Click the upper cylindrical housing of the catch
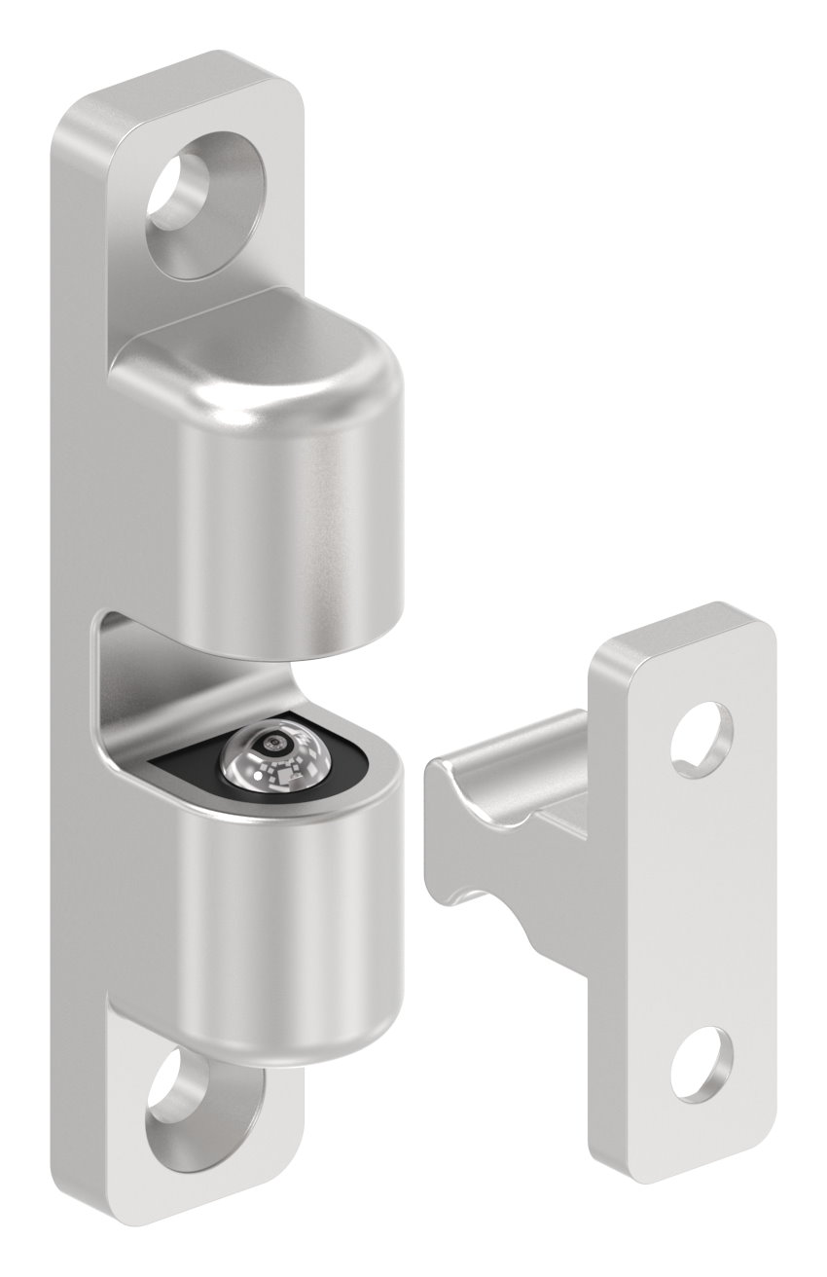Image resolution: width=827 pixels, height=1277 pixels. click(292, 526)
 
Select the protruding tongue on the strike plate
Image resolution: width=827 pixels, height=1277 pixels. click(516, 779)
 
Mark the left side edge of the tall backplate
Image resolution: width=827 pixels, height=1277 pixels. click(76, 633)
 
